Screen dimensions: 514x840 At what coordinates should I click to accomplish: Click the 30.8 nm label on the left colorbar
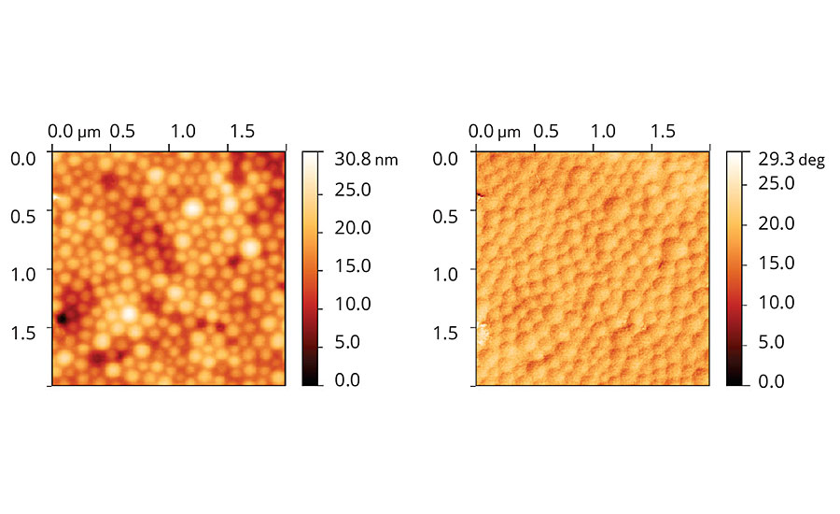pos(366,160)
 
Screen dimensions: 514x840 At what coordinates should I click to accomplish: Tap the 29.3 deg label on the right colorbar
pos(791,160)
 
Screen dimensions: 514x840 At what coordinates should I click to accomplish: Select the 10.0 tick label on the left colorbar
pos(352,305)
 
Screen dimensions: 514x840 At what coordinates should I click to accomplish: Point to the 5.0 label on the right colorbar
pos(772,342)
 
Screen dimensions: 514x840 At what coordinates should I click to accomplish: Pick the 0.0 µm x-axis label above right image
pos(495,131)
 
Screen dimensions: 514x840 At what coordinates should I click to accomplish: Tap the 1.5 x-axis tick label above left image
pos(240,131)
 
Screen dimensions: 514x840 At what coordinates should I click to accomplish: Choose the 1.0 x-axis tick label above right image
pos(604,131)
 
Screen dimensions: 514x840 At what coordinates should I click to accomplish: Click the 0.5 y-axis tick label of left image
pos(22,216)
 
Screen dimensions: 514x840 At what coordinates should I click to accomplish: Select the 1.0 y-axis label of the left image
pos(22,274)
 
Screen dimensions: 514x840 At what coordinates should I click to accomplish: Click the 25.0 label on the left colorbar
pos(352,190)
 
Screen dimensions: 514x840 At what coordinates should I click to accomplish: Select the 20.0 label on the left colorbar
pos(352,228)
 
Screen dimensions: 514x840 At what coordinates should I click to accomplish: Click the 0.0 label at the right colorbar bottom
pos(772,381)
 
